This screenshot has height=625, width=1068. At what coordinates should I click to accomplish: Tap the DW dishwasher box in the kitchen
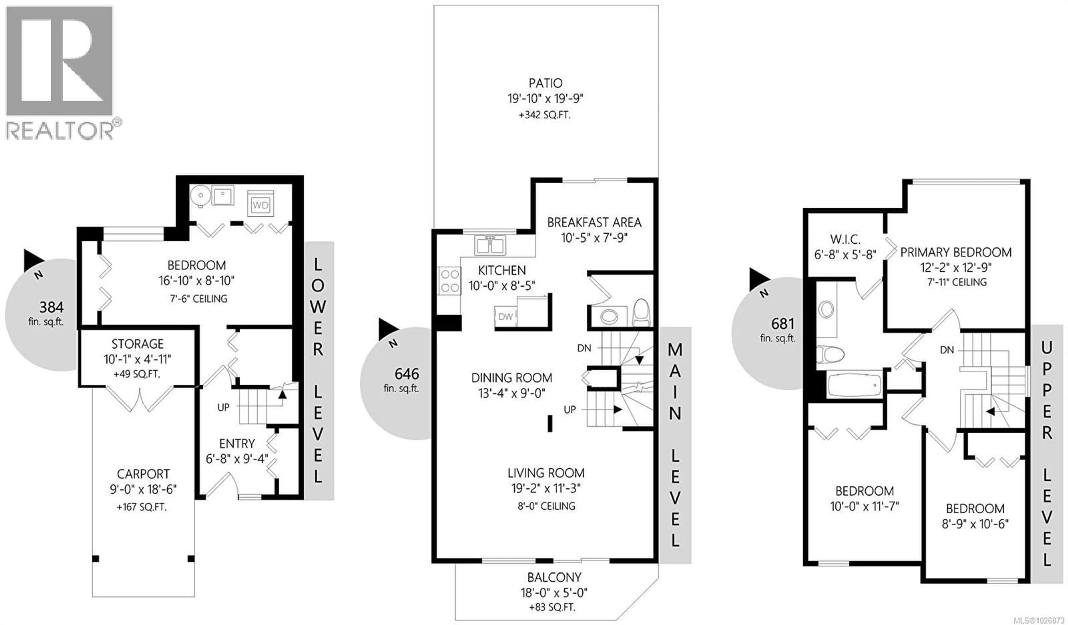[505, 316]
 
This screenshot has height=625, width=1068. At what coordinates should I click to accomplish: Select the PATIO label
[545, 83]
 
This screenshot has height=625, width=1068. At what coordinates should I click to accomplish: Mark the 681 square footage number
[782, 324]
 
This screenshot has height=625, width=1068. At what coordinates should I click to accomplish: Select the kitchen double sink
[489, 245]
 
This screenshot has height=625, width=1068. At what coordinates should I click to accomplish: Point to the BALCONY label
[554, 577]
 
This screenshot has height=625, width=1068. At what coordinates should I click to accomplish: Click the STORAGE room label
[137, 344]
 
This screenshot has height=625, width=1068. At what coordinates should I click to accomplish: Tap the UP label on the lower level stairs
[223, 407]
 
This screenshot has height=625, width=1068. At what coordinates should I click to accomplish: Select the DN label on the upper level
[947, 350]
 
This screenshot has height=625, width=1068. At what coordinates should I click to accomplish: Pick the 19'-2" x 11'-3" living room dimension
[545, 488]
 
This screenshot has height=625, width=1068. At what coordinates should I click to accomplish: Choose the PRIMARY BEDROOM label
[956, 252]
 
